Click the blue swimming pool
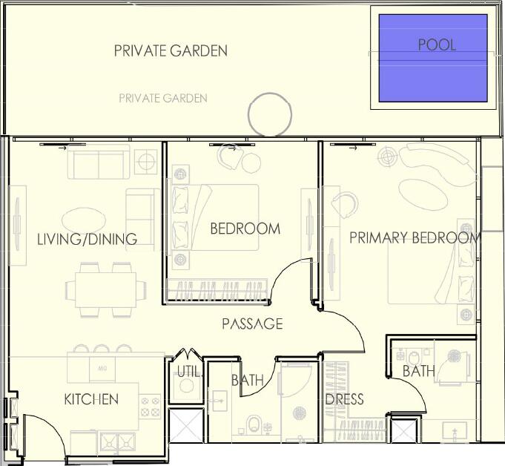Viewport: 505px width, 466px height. click(x=433, y=58)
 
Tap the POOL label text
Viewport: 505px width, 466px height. click(x=437, y=45)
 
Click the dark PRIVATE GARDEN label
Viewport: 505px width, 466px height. click(x=171, y=51)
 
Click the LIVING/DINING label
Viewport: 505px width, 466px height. click(x=87, y=239)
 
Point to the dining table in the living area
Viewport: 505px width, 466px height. click(x=105, y=290)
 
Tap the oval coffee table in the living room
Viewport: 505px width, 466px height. click(x=84, y=220)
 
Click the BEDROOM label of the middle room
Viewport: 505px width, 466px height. click(x=245, y=229)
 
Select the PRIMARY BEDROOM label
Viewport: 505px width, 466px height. click(x=415, y=238)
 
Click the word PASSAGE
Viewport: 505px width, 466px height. click(x=252, y=324)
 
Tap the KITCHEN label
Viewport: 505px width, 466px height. click(x=91, y=399)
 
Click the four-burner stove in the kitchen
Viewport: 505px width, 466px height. click(x=150, y=407)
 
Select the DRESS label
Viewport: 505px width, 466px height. click(x=344, y=399)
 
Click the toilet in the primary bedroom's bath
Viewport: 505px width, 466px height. click(x=414, y=358)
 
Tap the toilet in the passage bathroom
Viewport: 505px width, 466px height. click(x=254, y=424)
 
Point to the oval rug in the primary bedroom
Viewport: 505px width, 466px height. click(x=423, y=194)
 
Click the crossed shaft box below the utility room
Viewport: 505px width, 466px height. click(x=186, y=425)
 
